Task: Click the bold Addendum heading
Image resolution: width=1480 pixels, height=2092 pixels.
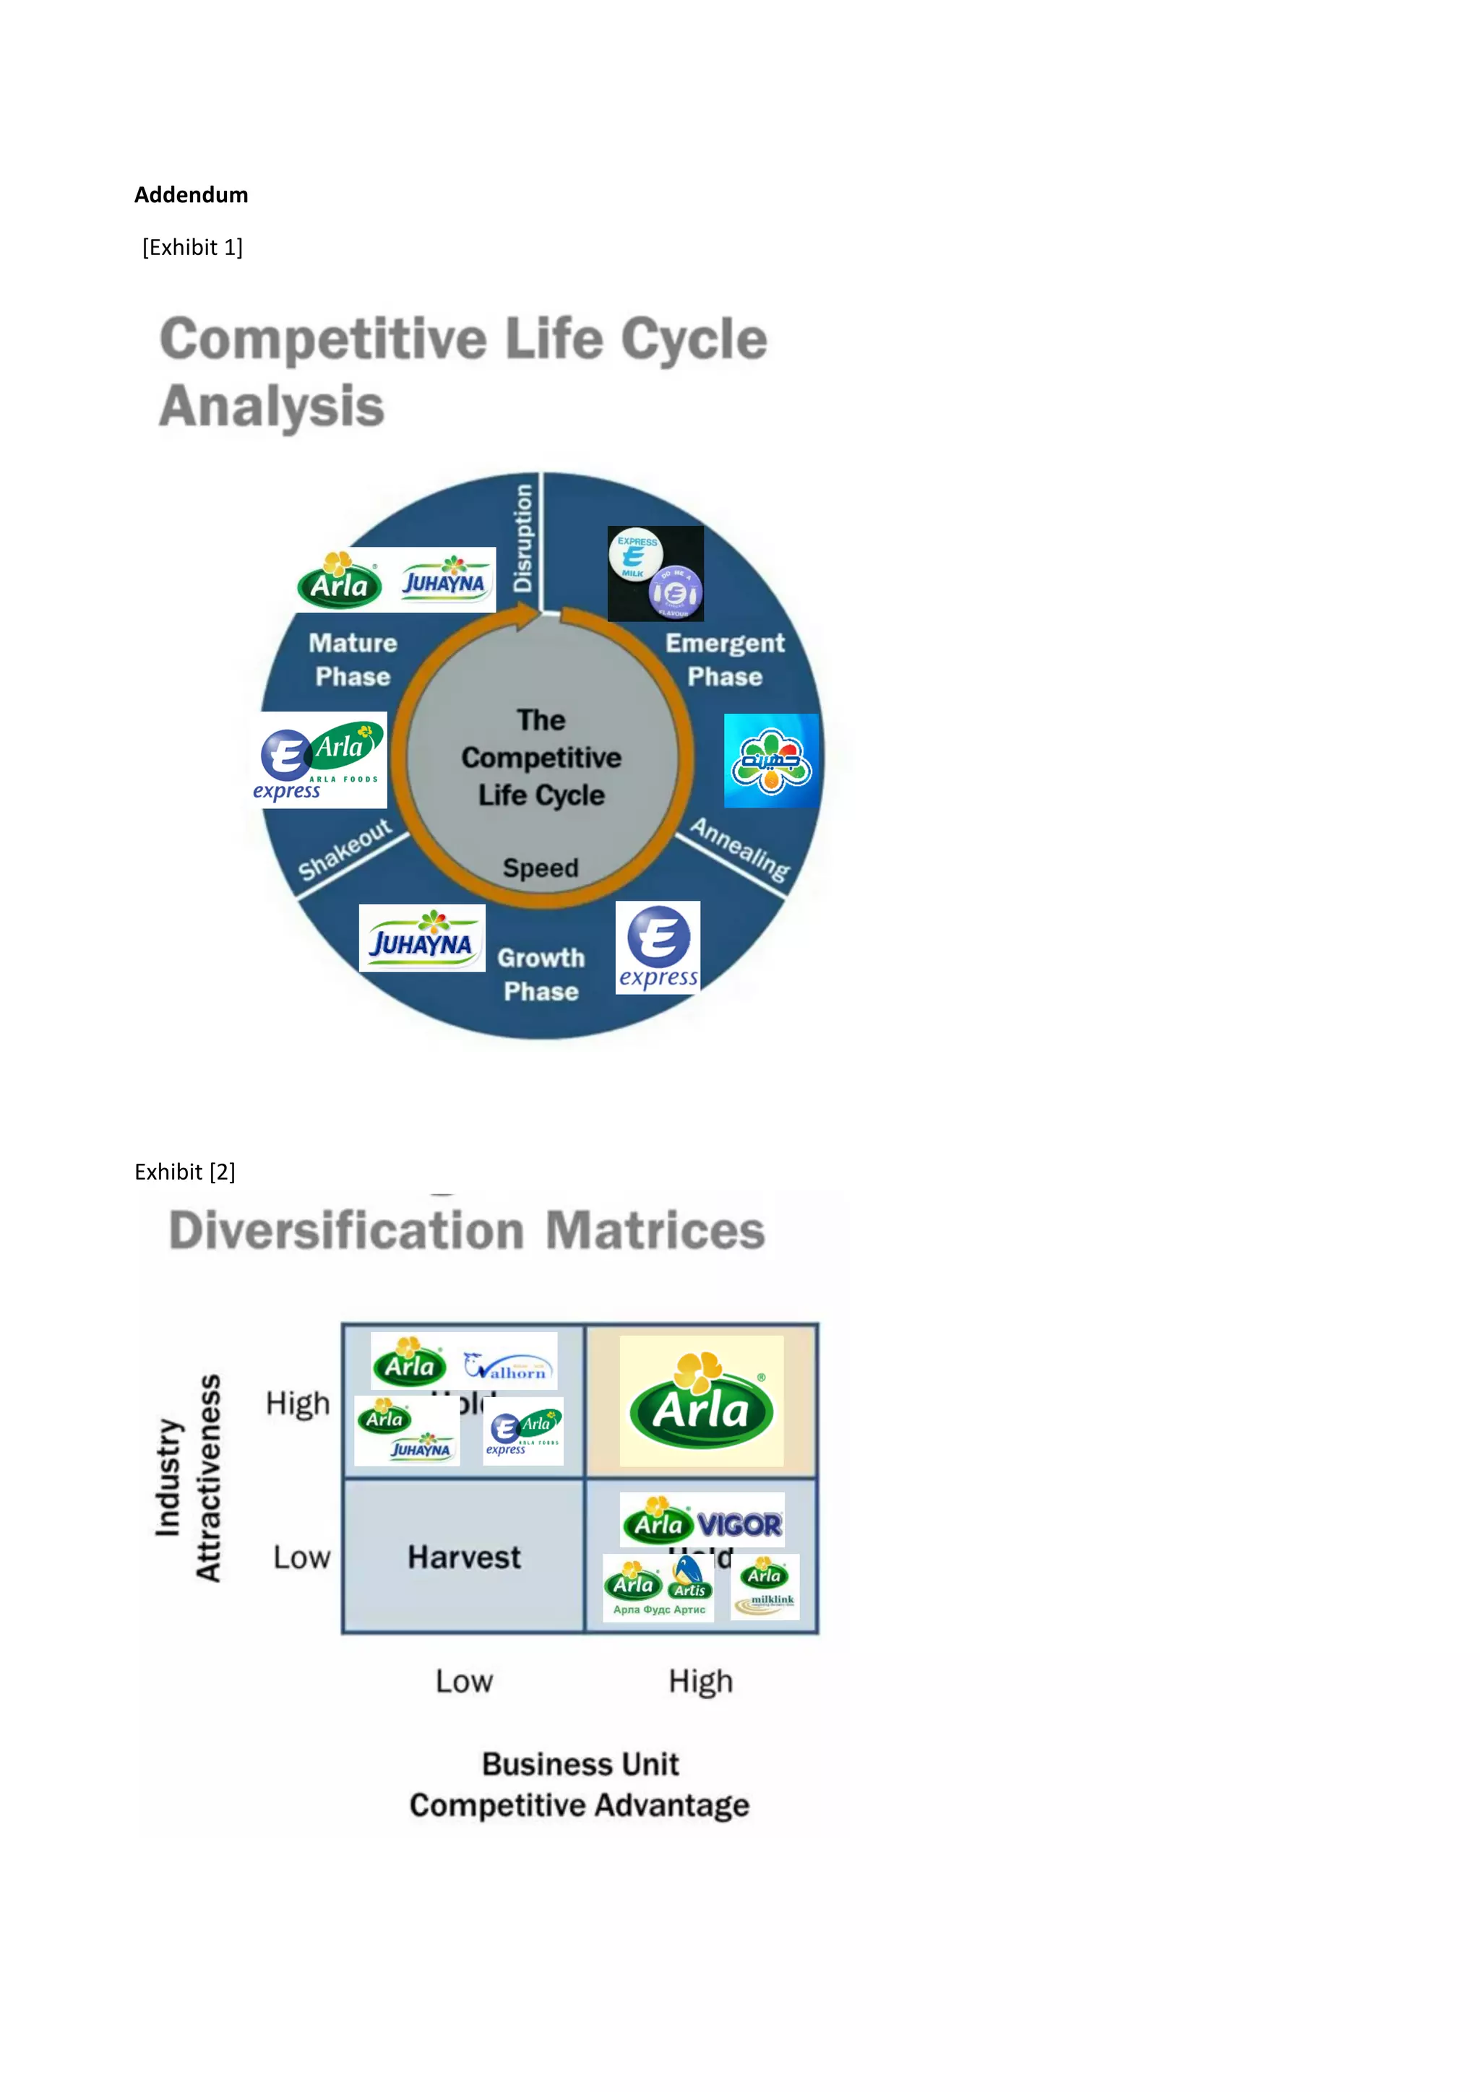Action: [191, 195]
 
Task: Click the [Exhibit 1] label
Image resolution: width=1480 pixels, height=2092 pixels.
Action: [192, 248]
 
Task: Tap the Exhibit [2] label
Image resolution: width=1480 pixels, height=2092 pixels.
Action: [185, 1172]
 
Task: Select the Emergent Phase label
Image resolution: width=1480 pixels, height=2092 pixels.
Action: [725, 660]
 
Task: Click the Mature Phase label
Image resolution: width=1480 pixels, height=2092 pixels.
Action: [353, 660]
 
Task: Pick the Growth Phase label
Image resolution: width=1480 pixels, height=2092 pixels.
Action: [541, 975]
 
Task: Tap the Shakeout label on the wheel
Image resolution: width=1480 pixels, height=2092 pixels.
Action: [345, 850]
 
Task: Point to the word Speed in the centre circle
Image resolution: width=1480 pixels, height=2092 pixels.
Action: [541, 868]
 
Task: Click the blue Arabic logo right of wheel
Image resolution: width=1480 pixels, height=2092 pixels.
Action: [771, 761]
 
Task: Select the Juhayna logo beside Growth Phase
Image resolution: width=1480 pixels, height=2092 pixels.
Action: [422, 938]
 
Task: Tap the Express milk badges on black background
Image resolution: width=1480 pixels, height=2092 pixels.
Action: [655, 573]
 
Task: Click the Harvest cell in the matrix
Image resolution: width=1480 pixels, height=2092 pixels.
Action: [464, 1557]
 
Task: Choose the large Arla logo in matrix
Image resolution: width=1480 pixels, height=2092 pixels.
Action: [701, 1402]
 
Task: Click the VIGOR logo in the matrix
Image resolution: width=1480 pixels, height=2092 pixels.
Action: [739, 1524]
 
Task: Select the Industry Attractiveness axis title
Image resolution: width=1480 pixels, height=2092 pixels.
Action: [188, 1478]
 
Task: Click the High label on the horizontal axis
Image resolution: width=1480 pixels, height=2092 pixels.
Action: [700, 1681]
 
